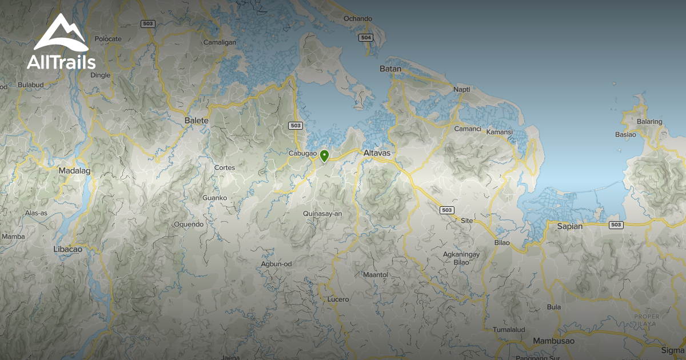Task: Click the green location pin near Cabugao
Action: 324,155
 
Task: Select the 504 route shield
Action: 366,38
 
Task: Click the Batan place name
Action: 390,69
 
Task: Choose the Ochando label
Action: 358,19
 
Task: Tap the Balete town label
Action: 196,121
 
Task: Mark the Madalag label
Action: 75,170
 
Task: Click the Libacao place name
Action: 67,249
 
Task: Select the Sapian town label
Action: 570,226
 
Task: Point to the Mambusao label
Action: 552,341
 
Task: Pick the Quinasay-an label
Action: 323,214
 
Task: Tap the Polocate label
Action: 108,39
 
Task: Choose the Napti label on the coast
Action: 461,90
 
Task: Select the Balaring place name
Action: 650,122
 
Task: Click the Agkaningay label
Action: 461,254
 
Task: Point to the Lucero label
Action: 338,299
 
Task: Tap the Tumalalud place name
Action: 509,330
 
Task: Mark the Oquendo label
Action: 189,225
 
